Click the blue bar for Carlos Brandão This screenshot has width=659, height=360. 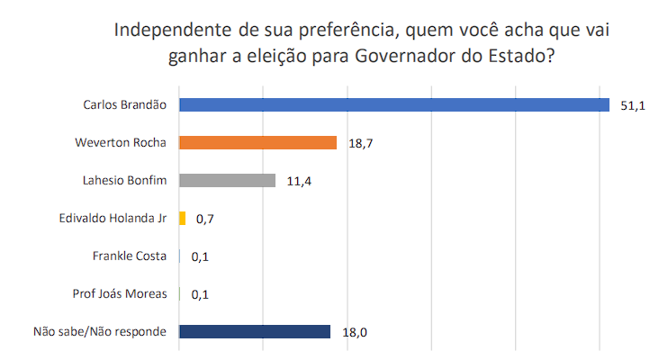click(x=394, y=104)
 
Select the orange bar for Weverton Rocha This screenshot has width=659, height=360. click(x=257, y=142)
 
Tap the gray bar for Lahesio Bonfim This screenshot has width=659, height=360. click(x=227, y=180)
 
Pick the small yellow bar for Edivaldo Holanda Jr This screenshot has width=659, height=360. click(x=183, y=218)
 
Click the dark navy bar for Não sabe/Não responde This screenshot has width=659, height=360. click(x=255, y=331)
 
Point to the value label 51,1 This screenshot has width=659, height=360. click(x=633, y=105)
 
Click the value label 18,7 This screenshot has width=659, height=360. click(x=360, y=143)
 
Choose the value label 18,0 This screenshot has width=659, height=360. click(x=354, y=332)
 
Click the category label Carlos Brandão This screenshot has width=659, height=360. click(x=124, y=104)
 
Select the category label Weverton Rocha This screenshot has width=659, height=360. click(x=122, y=142)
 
